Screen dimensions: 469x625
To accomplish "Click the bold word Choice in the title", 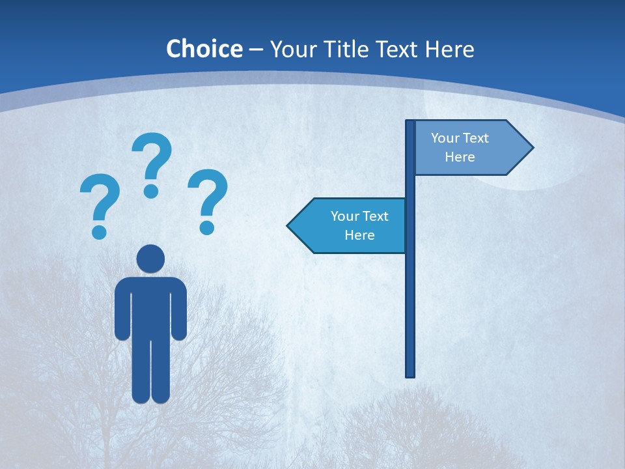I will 204,49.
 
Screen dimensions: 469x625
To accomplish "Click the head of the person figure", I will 151,259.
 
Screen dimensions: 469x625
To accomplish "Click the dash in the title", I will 256,50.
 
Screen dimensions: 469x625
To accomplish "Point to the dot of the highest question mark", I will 151,191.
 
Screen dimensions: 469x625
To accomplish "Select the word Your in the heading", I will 290,49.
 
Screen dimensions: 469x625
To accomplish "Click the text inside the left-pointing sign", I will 359,225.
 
